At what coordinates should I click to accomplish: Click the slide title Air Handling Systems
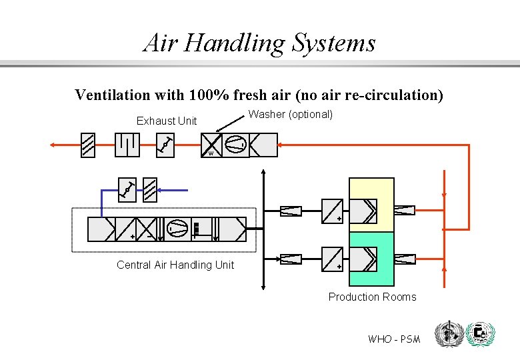259,43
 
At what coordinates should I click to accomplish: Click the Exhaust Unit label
167,121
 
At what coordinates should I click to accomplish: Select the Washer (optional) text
291,114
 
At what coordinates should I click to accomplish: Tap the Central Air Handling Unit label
175,265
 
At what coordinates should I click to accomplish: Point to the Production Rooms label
372,297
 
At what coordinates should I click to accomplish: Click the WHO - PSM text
394,339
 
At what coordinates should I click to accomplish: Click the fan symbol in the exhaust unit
235,145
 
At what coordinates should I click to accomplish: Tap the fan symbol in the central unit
177,229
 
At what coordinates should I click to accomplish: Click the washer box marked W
212,145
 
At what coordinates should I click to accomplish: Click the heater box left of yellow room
333,211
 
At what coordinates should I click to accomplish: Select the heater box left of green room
333,259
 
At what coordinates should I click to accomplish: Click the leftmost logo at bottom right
447,334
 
